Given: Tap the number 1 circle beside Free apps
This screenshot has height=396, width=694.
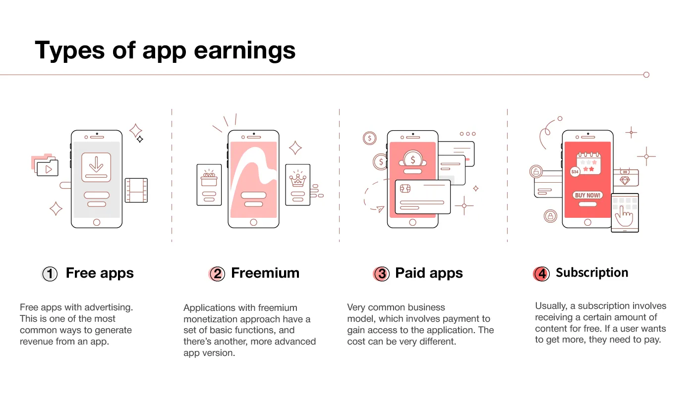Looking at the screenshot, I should (50, 274).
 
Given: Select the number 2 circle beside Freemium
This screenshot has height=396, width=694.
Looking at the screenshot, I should (217, 274).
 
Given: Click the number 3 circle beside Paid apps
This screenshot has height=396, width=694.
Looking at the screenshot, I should (381, 274).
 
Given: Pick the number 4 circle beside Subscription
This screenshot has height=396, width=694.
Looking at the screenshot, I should (542, 274).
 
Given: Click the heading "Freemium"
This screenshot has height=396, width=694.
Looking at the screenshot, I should (265, 273).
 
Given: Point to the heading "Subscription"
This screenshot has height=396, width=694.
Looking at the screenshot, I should (592, 273).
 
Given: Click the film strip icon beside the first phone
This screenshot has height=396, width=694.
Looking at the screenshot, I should (136, 191).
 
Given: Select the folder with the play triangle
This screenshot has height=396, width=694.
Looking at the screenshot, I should (48, 168).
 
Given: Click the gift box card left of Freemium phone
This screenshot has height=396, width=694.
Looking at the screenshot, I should (209, 184).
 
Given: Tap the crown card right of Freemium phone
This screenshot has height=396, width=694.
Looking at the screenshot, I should (297, 184).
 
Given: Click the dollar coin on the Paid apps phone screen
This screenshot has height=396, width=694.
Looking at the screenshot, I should (412, 159).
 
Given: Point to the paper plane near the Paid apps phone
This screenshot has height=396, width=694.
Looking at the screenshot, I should (380, 209).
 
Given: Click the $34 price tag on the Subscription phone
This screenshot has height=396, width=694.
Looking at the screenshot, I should (575, 172).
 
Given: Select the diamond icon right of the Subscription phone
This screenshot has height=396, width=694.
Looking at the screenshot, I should (625, 180).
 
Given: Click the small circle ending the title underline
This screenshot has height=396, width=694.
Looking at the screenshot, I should (646, 75).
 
